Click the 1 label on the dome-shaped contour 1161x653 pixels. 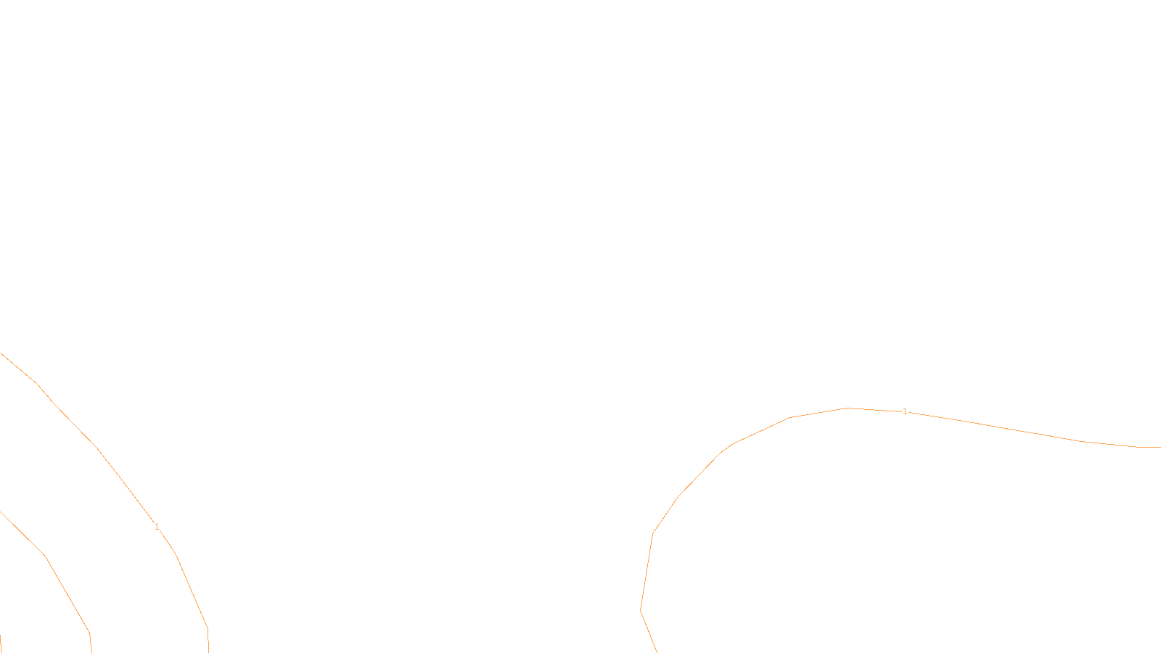905,411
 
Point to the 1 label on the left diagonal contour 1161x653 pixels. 157,527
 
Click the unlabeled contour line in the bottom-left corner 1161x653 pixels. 46,557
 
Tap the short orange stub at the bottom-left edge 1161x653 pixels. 1,643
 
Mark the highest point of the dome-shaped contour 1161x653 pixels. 848,408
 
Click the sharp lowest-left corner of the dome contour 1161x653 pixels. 641,610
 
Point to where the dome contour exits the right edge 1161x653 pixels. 1160,447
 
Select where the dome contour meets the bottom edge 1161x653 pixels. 657,652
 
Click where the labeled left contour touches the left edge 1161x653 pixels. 1,353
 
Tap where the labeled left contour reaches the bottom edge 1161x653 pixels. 208,652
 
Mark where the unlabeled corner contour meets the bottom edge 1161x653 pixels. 91,652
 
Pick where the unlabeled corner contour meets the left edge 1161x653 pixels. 1,512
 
